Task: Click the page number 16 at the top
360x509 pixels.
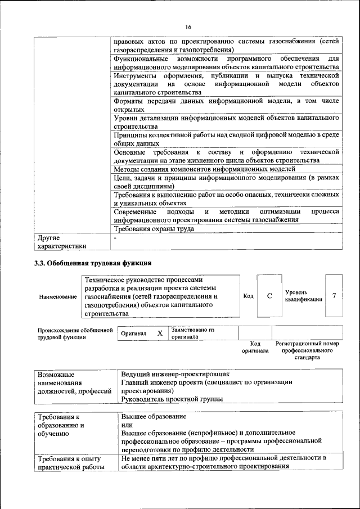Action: (x=188, y=27)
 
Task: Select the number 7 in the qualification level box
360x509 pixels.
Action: (x=334, y=296)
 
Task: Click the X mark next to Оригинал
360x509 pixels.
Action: (x=160, y=333)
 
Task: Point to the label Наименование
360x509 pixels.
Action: (x=58, y=296)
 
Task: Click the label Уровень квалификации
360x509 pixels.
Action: (x=303, y=296)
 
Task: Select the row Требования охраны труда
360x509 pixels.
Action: (x=154, y=229)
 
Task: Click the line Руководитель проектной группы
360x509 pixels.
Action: (x=172, y=399)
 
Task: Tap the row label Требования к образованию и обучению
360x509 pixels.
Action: (x=61, y=425)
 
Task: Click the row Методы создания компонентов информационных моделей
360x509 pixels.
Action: (x=204, y=169)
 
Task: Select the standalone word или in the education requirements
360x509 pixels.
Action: (x=127, y=425)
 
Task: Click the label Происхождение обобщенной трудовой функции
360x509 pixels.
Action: (x=75, y=334)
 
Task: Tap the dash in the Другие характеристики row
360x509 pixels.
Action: (x=115, y=238)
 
